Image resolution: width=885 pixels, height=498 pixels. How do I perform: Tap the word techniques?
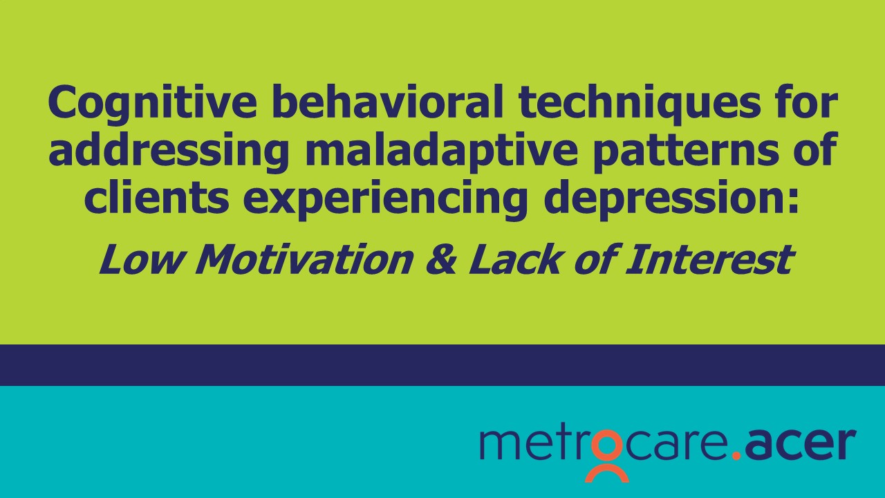pyautogui.click(x=640, y=104)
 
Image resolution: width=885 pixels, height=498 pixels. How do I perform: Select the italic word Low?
pyautogui.click(x=141, y=259)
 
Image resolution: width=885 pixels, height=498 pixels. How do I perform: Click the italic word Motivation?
pyautogui.click(x=305, y=259)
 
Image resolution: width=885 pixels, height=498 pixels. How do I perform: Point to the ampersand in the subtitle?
pyautogui.click(x=441, y=259)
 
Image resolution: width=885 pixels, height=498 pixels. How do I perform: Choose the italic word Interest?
pyautogui.click(x=710, y=259)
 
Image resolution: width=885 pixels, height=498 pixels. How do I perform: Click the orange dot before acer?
pyautogui.click(x=736, y=455)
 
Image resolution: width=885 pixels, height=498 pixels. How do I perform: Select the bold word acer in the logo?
pyautogui.click(x=799, y=444)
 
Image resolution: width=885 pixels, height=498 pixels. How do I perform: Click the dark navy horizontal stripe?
pyautogui.click(x=442, y=365)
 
